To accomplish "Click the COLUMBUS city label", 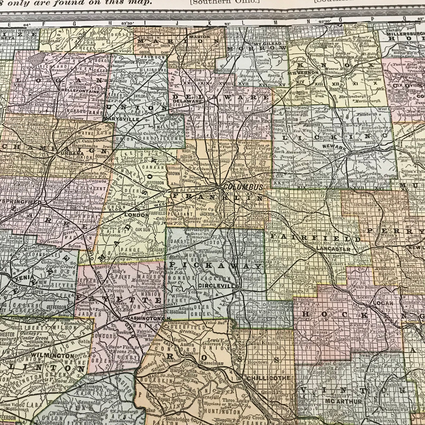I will click(x=239, y=187).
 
